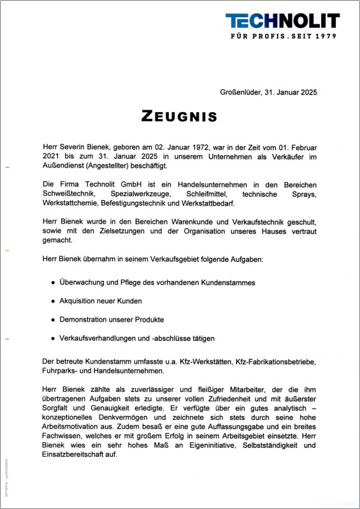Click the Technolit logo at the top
click(x=282, y=20)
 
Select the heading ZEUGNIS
click(x=180, y=117)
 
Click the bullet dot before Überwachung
click(x=53, y=282)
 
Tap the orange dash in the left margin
click(x=7, y=251)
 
